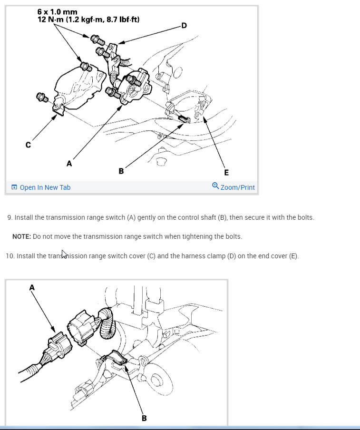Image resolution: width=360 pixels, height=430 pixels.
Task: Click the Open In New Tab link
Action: coord(41,187)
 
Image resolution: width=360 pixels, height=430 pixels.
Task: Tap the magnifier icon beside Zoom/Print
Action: coord(215,186)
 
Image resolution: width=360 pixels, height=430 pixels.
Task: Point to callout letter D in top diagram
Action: coord(184,26)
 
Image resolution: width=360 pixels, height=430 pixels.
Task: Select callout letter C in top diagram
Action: coord(28,145)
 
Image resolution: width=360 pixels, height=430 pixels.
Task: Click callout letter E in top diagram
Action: coord(226,173)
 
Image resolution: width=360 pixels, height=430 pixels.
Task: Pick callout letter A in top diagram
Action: coord(69,164)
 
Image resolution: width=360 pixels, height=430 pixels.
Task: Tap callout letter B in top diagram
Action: coord(121,171)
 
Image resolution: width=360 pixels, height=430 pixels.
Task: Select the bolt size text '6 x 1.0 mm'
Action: coord(57,12)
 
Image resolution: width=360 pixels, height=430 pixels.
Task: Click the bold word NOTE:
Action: coord(22,236)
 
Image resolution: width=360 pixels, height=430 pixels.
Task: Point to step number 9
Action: coord(10,217)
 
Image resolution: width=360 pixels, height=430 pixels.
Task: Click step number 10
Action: coord(10,256)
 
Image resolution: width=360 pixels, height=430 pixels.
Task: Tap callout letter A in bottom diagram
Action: coord(32,288)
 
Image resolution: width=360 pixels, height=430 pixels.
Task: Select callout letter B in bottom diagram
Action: coord(144,418)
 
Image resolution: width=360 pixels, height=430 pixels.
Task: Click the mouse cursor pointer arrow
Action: coord(64,254)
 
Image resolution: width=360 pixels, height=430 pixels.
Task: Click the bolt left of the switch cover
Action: coord(42,98)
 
